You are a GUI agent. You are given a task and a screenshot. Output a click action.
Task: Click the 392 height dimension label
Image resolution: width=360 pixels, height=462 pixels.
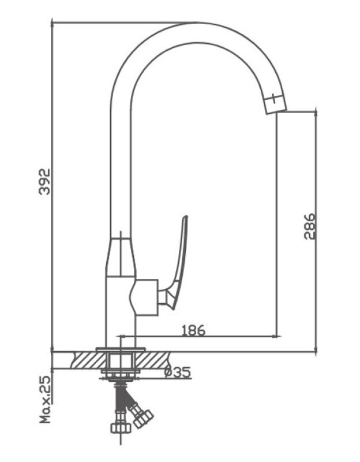click(x=45, y=181)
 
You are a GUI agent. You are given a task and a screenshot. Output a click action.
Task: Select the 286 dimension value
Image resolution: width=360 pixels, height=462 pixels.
click(x=310, y=226)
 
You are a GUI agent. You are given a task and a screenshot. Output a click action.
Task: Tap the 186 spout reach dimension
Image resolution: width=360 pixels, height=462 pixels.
click(x=193, y=330)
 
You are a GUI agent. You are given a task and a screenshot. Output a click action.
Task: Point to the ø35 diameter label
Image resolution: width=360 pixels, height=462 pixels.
click(x=178, y=372)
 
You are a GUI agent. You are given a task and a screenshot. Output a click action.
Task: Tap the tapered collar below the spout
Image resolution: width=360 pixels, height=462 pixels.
click(x=121, y=257)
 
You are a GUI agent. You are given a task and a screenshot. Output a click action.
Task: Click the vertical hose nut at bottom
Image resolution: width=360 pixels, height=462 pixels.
click(x=121, y=428)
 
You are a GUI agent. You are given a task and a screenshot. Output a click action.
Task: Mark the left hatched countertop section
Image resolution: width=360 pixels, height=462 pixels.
click(x=88, y=360)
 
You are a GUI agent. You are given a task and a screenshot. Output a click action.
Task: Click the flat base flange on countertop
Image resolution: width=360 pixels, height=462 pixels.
click(x=121, y=349)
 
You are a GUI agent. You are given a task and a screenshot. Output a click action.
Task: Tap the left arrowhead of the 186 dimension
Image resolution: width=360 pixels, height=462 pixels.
click(x=122, y=336)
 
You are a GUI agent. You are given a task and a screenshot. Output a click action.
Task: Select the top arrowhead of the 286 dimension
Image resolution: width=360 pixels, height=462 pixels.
click(x=316, y=114)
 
